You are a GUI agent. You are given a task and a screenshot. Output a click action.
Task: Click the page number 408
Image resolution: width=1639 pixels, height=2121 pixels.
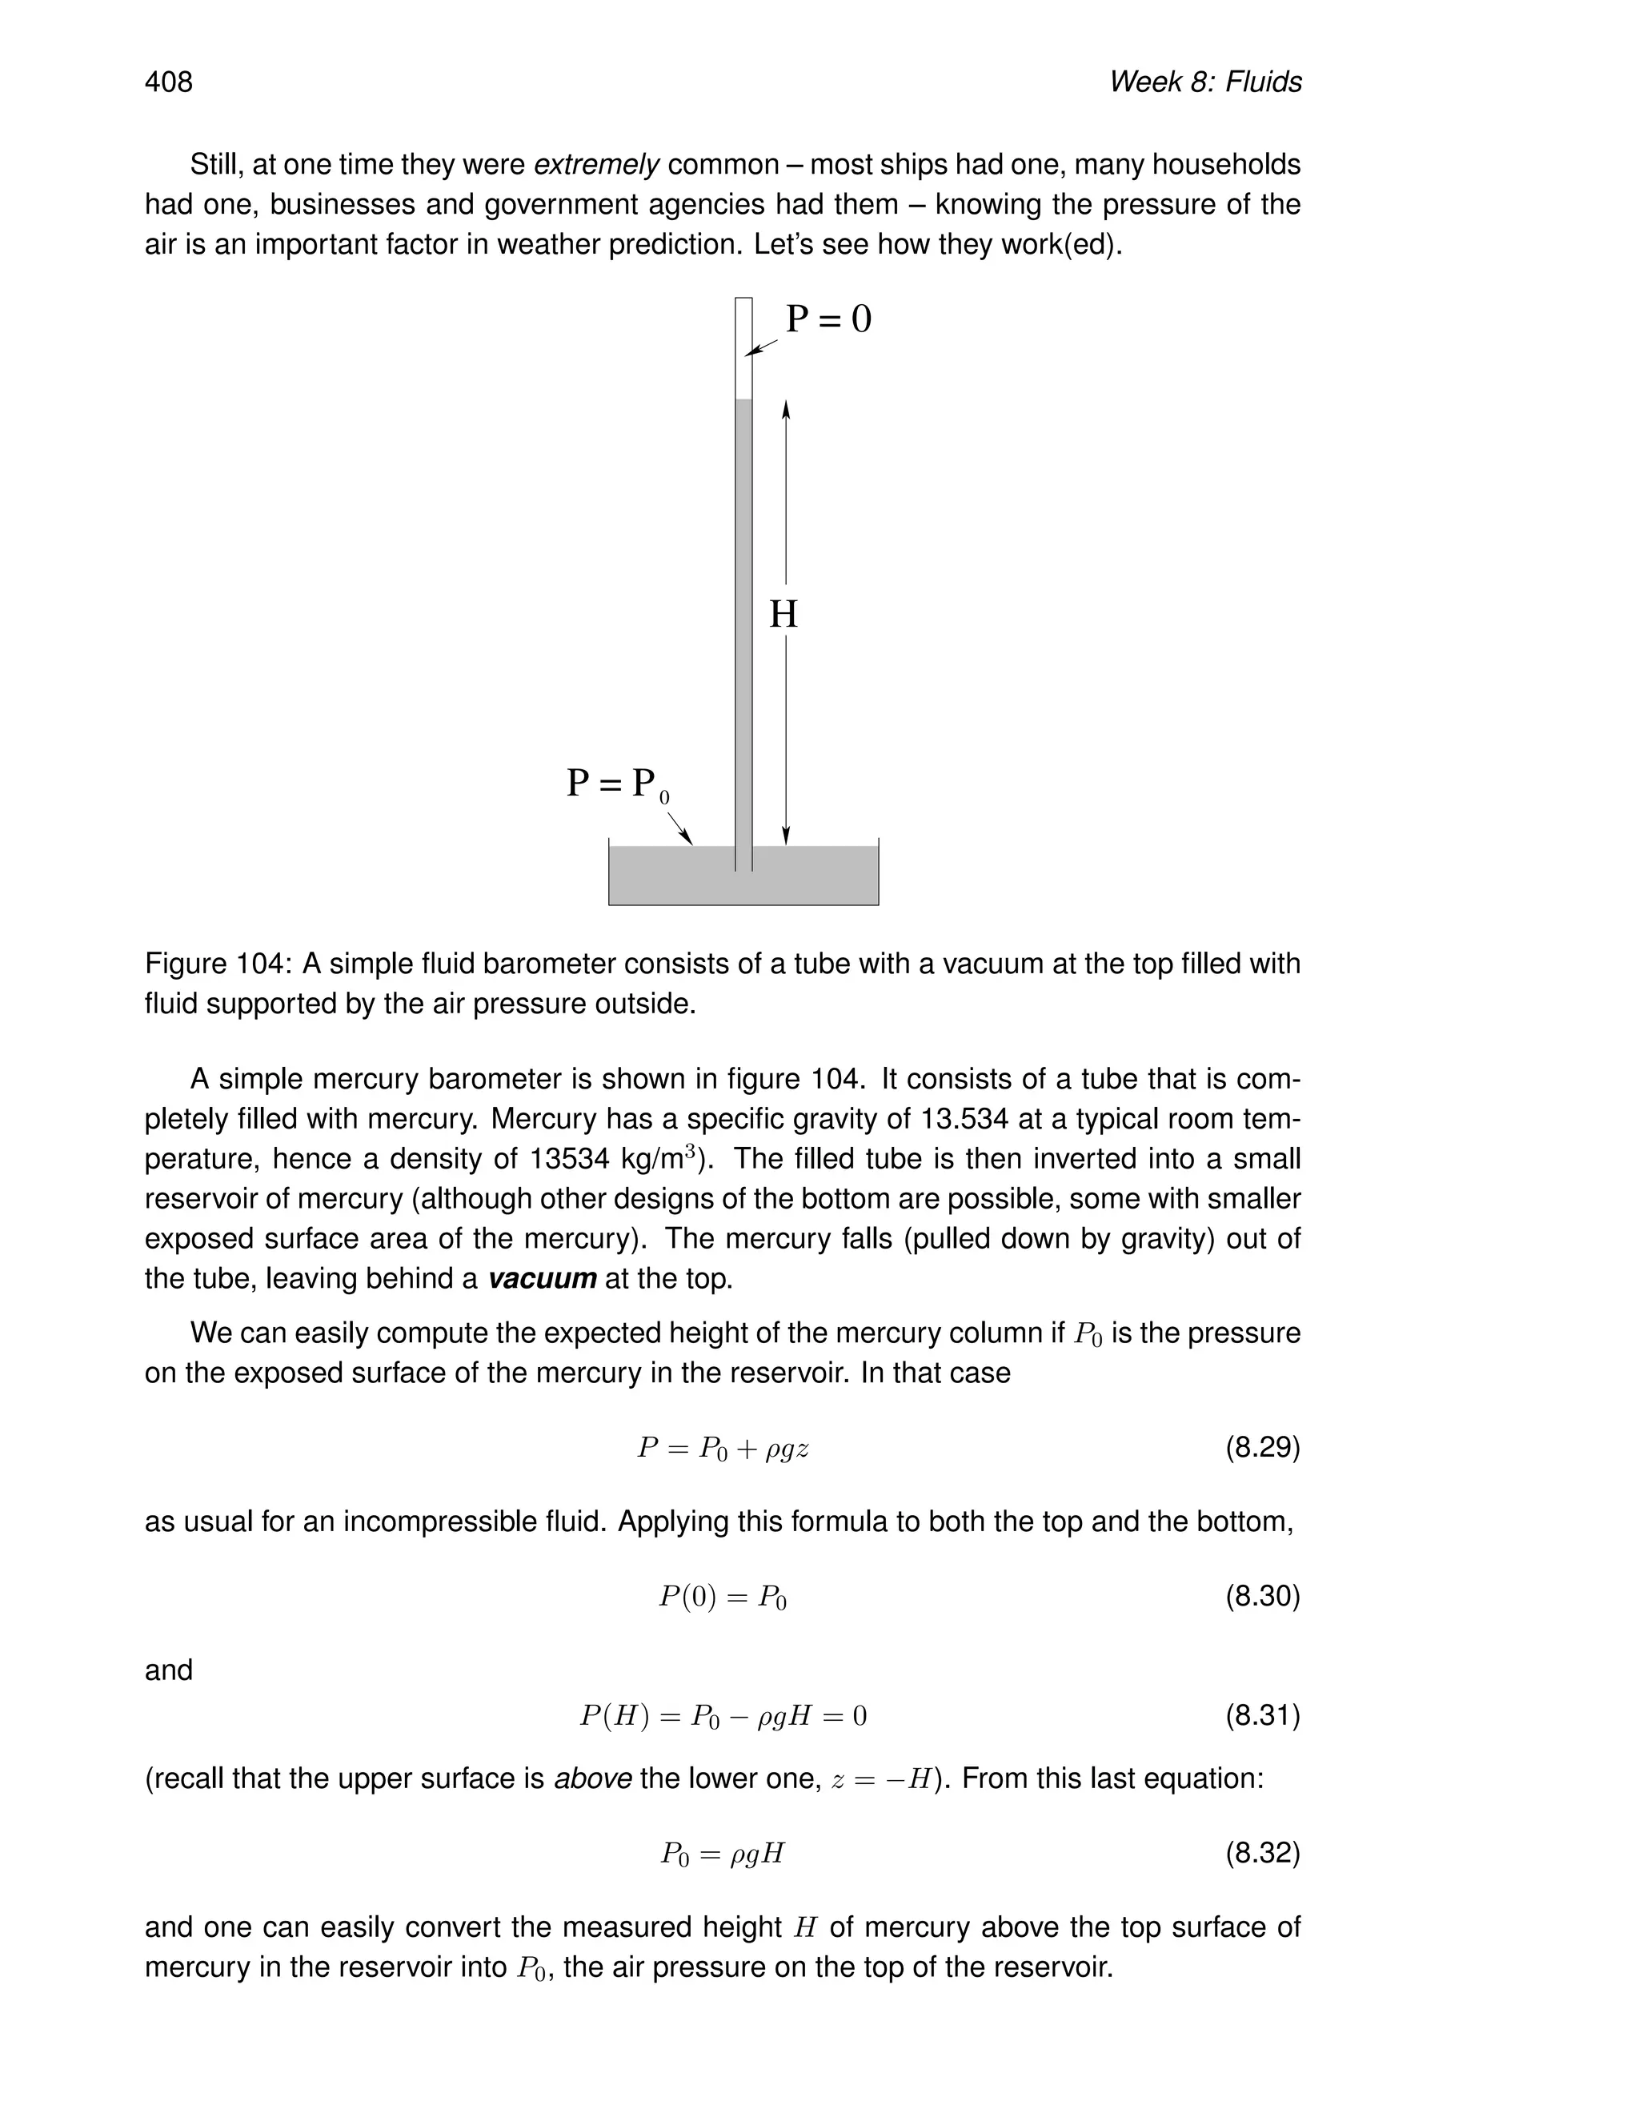pyautogui.click(x=169, y=82)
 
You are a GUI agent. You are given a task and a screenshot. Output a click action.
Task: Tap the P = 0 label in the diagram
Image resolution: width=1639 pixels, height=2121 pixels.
pyautogui.click(x=828, y=319)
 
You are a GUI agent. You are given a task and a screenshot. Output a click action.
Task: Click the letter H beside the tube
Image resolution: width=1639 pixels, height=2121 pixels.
pyautogui.click(x=783, y=615)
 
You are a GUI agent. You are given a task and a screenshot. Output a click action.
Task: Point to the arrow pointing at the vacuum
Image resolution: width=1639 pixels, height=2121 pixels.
pyautogui.click(x=762, y=347)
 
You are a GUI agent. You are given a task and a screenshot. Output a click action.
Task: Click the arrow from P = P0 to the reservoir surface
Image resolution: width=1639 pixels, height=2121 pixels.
pyautogui.click(x=679, y=828)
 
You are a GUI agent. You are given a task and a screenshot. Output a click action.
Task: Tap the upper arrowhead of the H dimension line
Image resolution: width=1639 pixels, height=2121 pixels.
pyautogui.click(x=786, y=410)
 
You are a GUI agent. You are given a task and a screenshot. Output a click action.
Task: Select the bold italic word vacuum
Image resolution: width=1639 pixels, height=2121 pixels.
pyautogui.click(x=541, y=1279)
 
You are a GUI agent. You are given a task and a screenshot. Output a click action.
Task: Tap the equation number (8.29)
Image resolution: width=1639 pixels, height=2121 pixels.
pyautogui.click(x=1261, y=1449)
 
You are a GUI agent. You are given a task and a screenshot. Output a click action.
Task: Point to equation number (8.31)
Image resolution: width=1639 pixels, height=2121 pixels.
pyautogui.click(x=1261, y=1716)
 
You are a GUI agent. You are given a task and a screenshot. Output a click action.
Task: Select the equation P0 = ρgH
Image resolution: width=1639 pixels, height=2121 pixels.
pyautogui.click(x=723, y=1854)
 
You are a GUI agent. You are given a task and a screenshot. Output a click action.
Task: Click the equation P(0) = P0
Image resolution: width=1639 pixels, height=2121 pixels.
pyautogui.click(x=723, y=1597)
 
